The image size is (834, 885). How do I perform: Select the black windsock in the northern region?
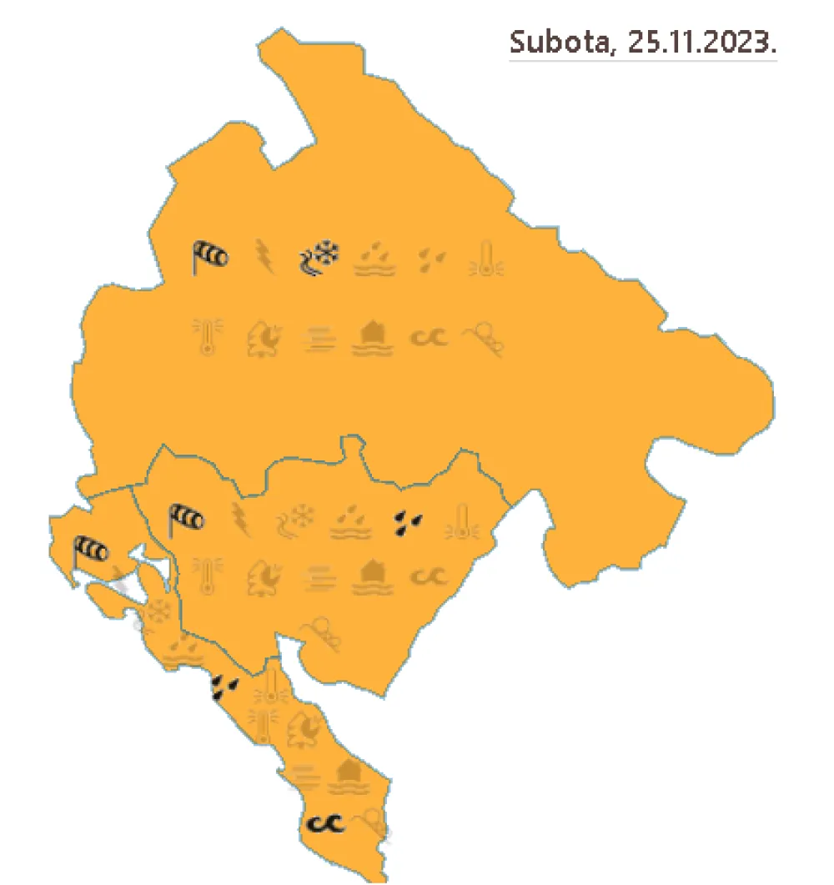coord(209,257)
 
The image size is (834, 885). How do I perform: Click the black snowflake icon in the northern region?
coord(319,257)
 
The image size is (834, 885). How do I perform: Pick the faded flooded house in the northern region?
coord(376,339)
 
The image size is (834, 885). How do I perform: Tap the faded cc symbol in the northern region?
coord(429,337)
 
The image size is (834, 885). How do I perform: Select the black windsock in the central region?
coord(187,520)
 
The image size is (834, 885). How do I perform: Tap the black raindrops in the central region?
coord(409,521)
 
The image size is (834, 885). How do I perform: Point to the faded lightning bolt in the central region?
coord(240,520)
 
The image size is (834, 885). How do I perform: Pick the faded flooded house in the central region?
coord(376,576)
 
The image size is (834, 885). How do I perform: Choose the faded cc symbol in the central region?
coord(429,576)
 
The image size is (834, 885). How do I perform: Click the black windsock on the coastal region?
coord(90,551)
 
